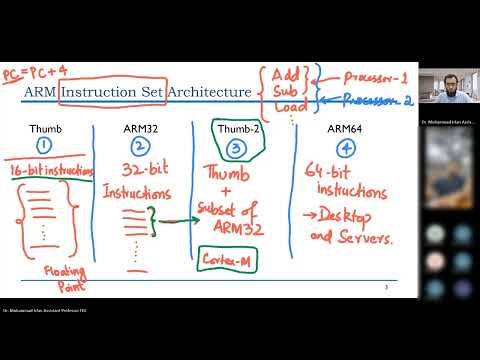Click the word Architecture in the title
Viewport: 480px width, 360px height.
click(x=209, y=93)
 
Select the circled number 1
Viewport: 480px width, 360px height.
click(x=43, y=150)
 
